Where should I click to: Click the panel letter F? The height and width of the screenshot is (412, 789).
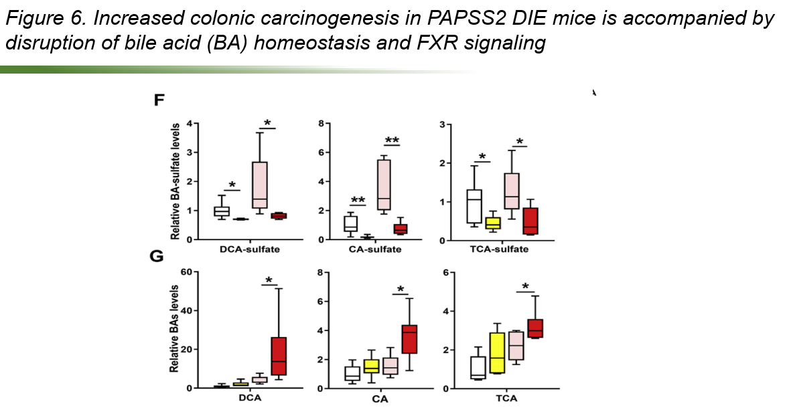click(159, 101)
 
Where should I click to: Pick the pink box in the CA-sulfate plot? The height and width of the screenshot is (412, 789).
click(384, 185)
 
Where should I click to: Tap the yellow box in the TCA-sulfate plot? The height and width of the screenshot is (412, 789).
click(493, 223)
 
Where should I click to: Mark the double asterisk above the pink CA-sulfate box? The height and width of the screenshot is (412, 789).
click(392, 140)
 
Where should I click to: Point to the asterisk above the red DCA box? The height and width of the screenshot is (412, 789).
click(269, 280)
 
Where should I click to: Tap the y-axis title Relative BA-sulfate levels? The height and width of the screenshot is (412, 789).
click(175, 181)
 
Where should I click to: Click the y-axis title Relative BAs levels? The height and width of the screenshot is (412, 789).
click(175, 330)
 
